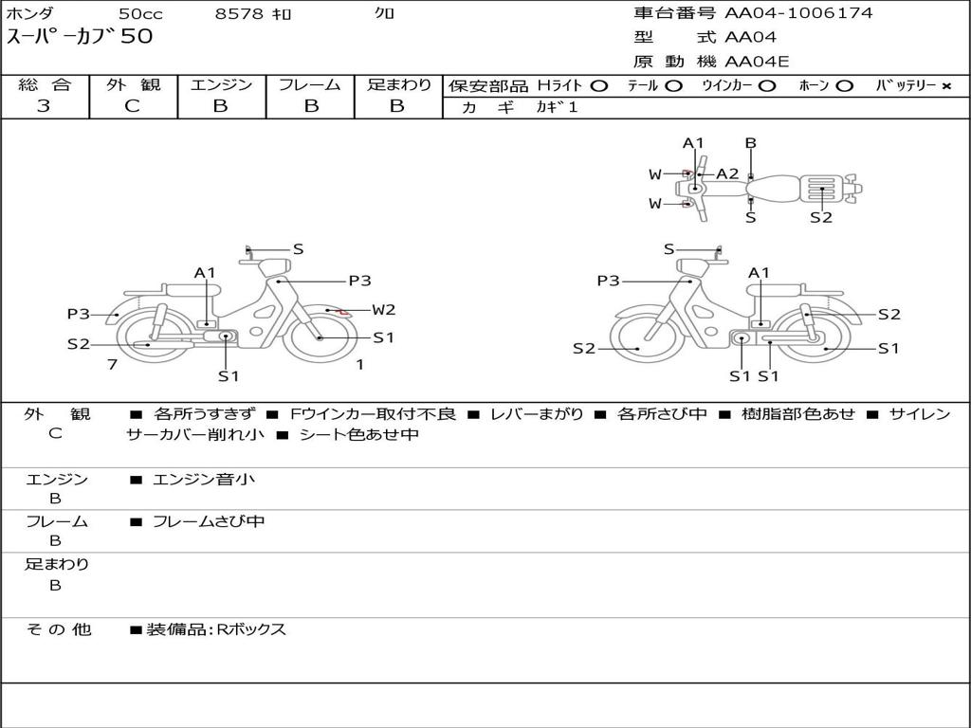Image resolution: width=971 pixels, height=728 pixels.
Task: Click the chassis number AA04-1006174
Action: coord(798,13)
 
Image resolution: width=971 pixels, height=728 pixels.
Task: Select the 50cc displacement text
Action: coord(140,14)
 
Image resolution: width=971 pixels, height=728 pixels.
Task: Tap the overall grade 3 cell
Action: coord(44,106)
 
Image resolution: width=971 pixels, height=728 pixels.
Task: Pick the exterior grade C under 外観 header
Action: coord(132,106)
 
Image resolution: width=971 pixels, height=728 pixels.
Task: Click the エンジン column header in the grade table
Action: coord(221,85)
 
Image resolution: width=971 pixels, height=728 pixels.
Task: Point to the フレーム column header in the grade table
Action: coord(309,85)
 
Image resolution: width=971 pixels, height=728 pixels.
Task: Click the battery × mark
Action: coord(945,86)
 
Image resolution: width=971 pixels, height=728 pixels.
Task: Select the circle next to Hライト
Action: coord(598,86)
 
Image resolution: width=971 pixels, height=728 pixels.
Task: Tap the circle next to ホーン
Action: coord(844,86)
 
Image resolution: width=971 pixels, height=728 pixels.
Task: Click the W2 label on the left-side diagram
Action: coord(383,309)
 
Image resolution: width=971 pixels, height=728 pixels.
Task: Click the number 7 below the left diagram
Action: coord(112,364)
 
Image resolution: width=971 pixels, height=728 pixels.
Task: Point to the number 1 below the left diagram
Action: coord(359,364)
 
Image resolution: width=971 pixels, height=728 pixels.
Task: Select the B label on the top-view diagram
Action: coord(750,143)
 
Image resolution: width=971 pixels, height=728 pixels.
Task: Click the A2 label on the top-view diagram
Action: coord(727,173)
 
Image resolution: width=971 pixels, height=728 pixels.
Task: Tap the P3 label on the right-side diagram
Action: coord(608,281)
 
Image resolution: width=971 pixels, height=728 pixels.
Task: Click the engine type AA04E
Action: coord(757,63)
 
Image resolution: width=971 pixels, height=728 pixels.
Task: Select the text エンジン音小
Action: coord(204,480)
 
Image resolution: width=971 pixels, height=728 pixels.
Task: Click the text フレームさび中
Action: coord(209,521)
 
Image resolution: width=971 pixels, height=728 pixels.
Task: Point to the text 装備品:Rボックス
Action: coord(216,629)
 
